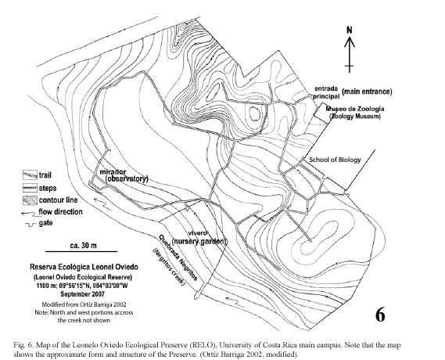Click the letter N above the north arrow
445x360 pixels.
coord(350,30)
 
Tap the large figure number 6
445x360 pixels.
coord(380,315)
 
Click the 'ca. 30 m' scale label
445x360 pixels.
coord(83,245)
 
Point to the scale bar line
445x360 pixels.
coord(81,251)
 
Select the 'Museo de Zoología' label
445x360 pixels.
coord(355,109)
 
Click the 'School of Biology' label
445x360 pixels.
coord(335,160)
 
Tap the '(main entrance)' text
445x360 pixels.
coord(367,92)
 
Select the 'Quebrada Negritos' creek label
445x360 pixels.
coord(178,257)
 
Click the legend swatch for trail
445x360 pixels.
coord(30,175)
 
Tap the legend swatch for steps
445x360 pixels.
coord(30,188)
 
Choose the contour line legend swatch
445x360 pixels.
coord(30,200)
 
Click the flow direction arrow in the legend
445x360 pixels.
coord(29,213)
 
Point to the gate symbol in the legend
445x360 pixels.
coord(30,225)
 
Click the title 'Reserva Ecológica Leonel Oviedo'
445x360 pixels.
coord(84,267)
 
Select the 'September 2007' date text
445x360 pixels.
coord(83,294)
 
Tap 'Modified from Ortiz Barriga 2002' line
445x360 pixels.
coord(84,304)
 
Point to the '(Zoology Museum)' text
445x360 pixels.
coord(355,117)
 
